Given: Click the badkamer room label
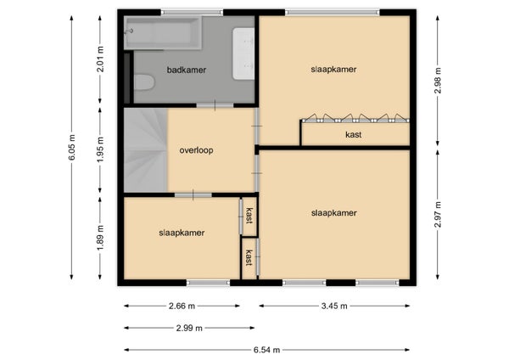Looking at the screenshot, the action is [x=187, y=70].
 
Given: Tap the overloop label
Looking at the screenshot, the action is [x=197, y=150].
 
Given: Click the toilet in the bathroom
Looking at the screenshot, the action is [x=144, y=82].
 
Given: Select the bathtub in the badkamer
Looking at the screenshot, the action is [x=163, y=33].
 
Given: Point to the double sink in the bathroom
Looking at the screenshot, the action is [x=243, y=53].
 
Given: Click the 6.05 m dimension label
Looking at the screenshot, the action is [x=72, y=147].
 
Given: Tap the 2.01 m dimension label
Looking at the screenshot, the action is [x=100, y=59].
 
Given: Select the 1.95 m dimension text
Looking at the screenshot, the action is [x=100, y=149].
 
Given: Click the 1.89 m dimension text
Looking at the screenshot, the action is [x=100, y=238].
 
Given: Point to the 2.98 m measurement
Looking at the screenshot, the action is [x=438, y=81].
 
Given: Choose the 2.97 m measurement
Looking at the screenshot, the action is [x=438, y=215].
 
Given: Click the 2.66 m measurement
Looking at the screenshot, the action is [x=182, y=306].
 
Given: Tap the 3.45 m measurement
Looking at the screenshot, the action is [x=334, y=306].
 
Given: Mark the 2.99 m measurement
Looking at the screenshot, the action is [x=189, y=328].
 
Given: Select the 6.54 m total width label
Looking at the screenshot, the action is [x=267, y=350].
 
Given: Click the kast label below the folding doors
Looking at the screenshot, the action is [x=354, y=134].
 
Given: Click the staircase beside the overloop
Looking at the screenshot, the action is [x=146, y=149].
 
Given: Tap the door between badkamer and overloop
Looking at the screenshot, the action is [x=215, y=105].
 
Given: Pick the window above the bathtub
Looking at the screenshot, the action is [x=193, y=13].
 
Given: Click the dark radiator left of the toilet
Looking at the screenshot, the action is [x=127, y=78].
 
